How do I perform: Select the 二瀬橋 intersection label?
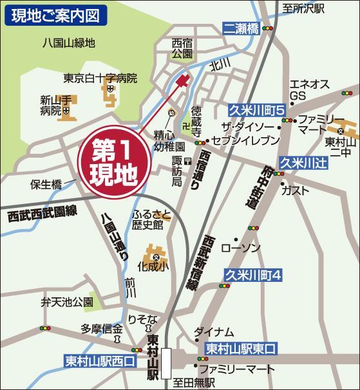(x=242, y=28)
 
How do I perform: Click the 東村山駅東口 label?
(x=240, y=348)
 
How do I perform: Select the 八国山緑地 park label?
(x=68, y=44)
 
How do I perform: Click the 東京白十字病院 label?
(x=100, y=79)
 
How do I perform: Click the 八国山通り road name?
(x=114, y=237)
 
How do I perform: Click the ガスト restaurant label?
(x=296, y=190)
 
